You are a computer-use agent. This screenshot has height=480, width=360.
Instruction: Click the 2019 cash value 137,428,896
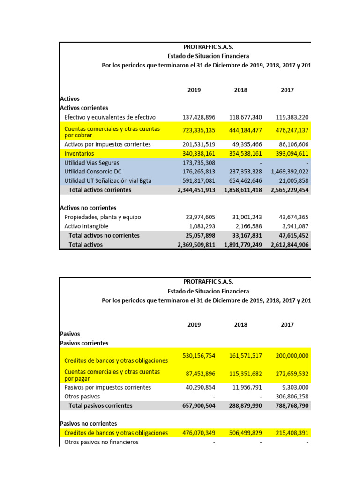[199, 117]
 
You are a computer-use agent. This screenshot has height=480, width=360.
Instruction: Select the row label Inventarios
[79, 153]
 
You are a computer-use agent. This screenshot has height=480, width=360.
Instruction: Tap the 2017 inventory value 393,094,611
[289, 153]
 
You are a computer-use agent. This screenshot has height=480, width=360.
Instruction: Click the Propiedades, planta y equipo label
[102, 217]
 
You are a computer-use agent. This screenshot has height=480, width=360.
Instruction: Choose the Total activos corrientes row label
[100, 190]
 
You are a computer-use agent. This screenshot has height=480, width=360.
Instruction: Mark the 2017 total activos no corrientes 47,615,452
[292, 235]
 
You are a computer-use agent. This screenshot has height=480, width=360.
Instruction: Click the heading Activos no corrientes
[88, 208]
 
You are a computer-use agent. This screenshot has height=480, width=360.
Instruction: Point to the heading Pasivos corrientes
[84, 343]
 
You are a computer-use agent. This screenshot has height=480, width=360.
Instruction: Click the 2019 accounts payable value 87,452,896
[200, 374]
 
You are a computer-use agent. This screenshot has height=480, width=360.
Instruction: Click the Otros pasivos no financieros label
[101, 442]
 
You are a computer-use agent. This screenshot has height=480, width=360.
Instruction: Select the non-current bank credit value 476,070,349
[199, 433]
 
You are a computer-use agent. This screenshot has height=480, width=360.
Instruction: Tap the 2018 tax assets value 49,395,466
[247, 144]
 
